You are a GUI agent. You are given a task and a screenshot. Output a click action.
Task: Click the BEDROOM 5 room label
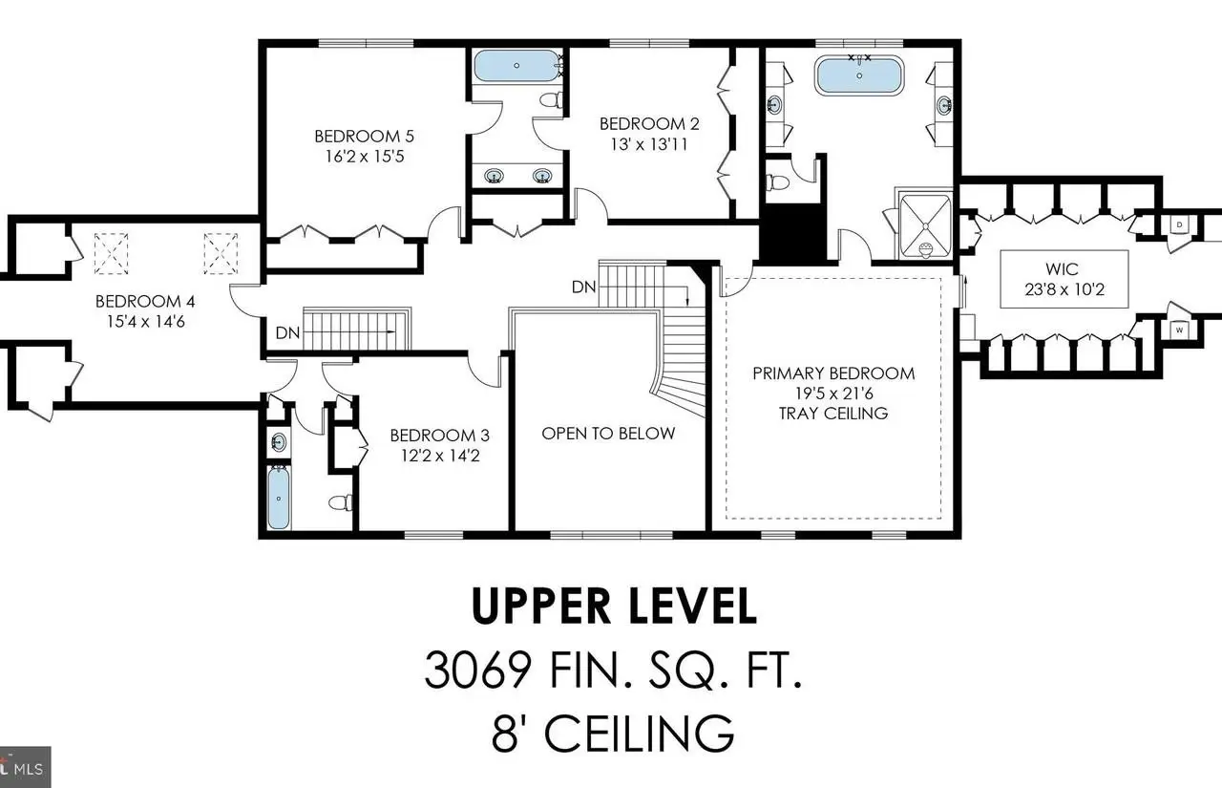click(365, 136)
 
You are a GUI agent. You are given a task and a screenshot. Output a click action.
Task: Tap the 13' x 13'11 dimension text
click(649, 144)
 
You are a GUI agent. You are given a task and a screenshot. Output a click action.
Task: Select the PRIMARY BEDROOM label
click(833, 373)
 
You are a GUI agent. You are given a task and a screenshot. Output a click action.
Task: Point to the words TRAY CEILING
click(833, 413)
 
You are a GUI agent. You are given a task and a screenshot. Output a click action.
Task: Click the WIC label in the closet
click(1063, 269)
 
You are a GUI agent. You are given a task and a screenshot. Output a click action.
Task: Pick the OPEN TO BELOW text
click(608, 434)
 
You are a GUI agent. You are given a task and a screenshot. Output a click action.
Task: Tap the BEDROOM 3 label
click(440, 436)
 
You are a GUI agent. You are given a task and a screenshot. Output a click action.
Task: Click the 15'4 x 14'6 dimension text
click(146, 322)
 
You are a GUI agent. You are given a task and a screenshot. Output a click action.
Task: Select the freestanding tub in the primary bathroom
click(859, 75)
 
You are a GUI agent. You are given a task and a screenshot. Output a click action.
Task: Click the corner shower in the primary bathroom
click(925, 226)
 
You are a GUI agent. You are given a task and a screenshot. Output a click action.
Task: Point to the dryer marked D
click(1179, 224)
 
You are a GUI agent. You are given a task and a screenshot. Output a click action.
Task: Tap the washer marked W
click(1179, 330)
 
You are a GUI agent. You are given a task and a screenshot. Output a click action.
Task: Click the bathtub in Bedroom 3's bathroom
click(279, 498)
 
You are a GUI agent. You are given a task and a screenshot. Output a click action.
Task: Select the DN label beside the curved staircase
click(583, 288)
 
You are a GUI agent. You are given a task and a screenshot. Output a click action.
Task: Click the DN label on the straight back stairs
click(287, 333)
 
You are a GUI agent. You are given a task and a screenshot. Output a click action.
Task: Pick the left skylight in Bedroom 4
click(112, 253)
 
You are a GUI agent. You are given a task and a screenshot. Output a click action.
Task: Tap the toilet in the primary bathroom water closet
click(777, 181)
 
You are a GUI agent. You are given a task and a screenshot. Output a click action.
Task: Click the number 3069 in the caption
click(478, 671)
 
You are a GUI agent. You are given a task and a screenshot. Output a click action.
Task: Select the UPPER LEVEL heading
click(614, 606)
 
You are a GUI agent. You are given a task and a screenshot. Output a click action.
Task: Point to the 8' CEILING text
click(613, 733)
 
